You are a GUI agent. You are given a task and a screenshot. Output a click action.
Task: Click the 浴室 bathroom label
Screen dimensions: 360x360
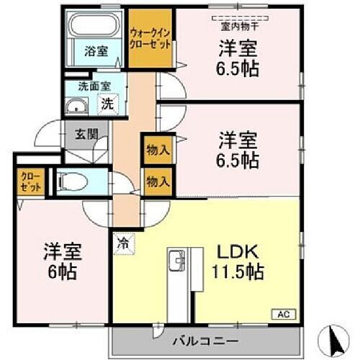(94, 51)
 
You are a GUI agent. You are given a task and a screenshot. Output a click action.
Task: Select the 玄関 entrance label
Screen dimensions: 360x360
(77, 135)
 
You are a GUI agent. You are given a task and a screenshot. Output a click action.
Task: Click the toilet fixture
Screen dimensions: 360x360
(72, 182)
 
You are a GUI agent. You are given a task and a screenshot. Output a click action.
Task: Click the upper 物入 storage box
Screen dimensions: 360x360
(157, 150)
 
